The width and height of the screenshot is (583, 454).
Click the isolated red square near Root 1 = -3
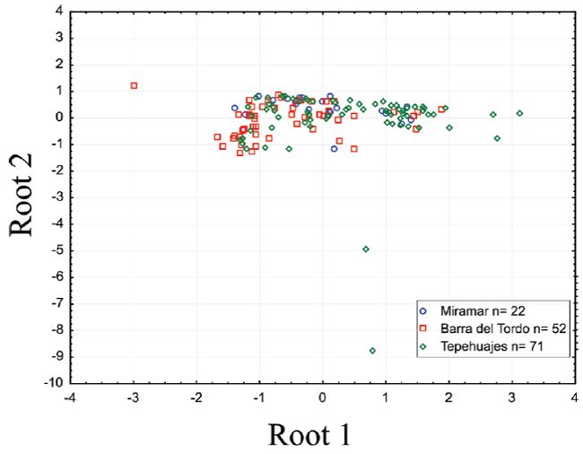tap(134, 85)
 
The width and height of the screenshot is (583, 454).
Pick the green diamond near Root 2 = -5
tap(365, 249)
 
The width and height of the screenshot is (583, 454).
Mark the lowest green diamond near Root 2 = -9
tap(372, 350)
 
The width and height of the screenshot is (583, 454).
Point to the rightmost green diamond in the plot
tap(519, 113)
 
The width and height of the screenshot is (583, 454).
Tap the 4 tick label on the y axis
tap(57, 11)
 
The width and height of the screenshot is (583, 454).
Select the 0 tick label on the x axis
tap(323, 397)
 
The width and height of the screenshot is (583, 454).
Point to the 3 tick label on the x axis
tap(512, 397)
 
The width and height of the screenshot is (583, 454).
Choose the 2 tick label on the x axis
tap(448, 397)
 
